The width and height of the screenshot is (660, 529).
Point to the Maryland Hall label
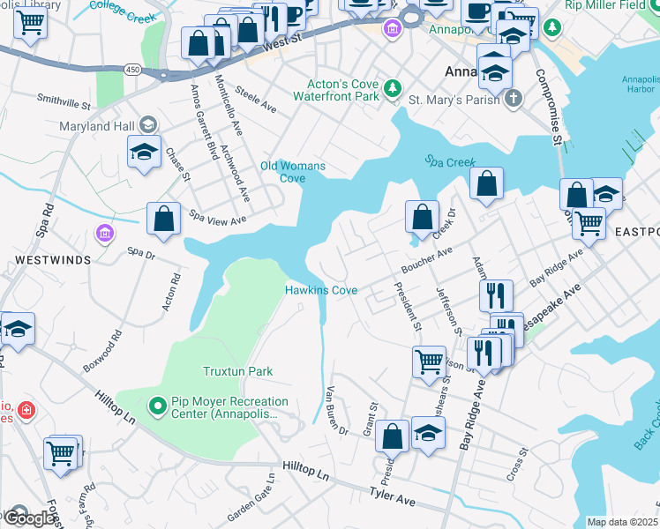(97, 127)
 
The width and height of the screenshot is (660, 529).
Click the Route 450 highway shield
(132, 69)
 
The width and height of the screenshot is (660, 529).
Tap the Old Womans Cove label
(293, 172)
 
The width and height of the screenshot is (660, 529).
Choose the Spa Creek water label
(450, 162)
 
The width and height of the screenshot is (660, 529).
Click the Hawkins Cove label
(320, 290)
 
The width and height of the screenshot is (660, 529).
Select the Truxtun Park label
(237, 372)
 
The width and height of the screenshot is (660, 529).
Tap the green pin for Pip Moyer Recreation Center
(158, 406)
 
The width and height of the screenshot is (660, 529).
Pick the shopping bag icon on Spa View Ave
(164, 220)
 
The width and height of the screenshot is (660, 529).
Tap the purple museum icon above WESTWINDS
(104, 234)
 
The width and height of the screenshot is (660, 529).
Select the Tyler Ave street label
(393, 497)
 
